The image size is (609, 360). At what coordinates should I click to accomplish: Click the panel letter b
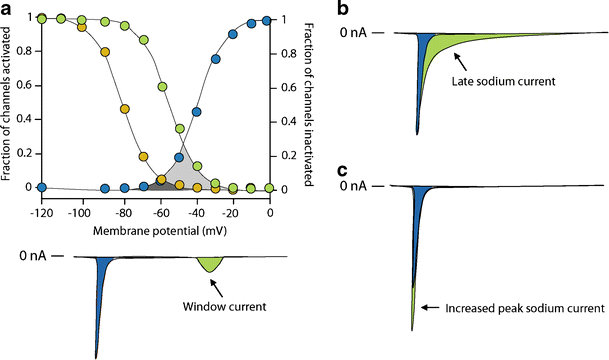point(342,8)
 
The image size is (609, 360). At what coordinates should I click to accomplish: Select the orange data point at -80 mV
point(125,109)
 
